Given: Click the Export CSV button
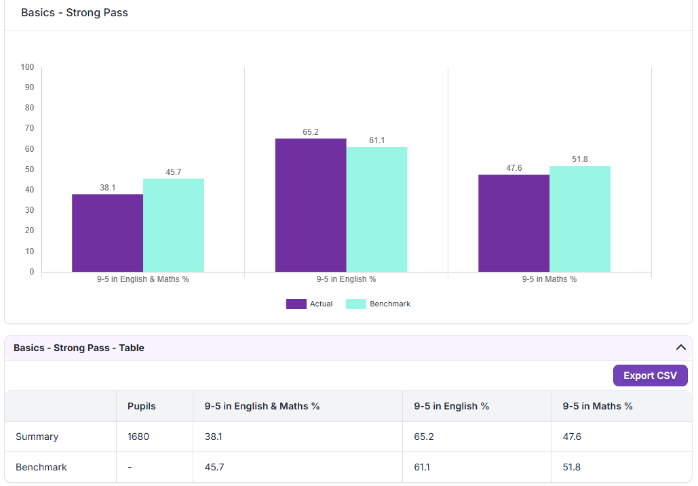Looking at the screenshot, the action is coord(650,376).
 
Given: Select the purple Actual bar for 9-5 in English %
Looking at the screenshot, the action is coord(311,205).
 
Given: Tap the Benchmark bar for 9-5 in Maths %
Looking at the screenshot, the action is coord(579,219).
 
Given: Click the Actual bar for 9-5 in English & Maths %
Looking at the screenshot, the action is coord(107,233).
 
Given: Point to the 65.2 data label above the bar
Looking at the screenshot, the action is coord(311,132).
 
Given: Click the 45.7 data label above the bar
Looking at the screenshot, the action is coord(174,172).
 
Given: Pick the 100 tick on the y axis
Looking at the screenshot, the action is coord(27,66).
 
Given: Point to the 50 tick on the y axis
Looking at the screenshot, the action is coord(29,169).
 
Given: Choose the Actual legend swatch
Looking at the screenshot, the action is coord(296,304).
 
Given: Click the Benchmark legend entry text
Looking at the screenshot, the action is coord(390,304).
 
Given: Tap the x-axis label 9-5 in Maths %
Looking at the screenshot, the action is coord(549,279).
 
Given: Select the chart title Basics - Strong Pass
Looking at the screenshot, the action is coord(75,12).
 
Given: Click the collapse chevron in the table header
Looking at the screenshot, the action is coord(680,347).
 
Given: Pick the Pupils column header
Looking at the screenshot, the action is coord(142,406).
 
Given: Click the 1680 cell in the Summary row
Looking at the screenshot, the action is coord(138,437).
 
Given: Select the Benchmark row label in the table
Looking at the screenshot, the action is coord(41,467).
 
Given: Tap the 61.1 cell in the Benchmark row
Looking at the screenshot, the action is coord(422,467).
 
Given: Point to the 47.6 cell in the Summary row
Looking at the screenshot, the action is coord(572,437).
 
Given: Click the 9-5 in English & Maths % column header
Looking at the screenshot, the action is coord(263,406).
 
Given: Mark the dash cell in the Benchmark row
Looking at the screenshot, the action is coord(130,467).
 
